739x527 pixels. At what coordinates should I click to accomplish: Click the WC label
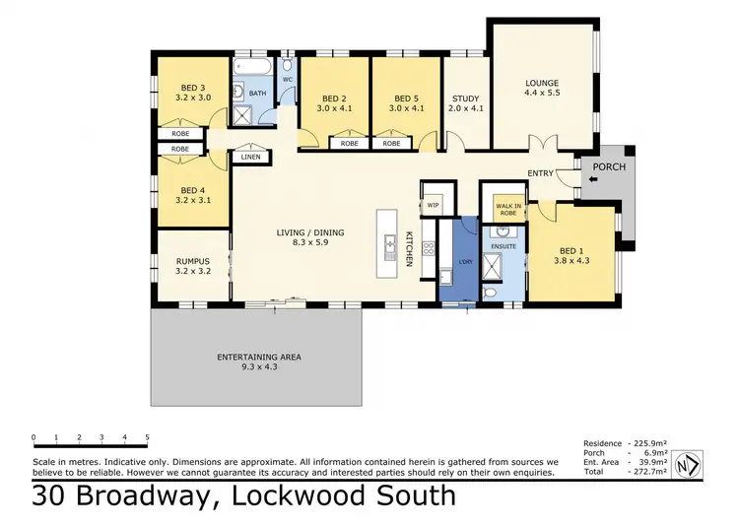tap(288, 79)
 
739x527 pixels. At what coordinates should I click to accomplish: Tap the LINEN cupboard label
tap(250, 157)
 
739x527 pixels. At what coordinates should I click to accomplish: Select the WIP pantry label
tap(434, 206)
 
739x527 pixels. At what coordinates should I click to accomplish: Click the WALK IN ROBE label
tap(507, 209)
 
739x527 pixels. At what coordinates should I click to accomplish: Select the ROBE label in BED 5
tap(391, 144)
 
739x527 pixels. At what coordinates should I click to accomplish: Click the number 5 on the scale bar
tap(148, 436)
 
